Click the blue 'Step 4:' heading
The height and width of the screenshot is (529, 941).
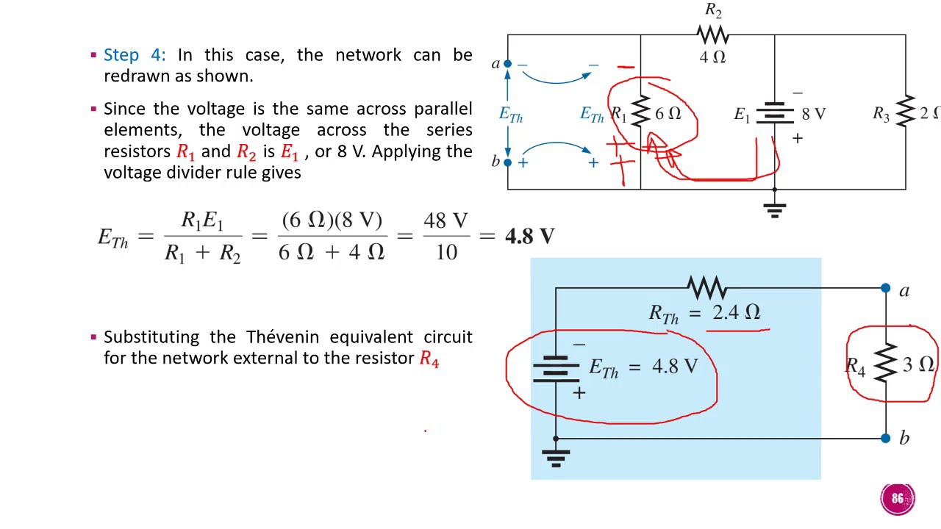coord(135,55)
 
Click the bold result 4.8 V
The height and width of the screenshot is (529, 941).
coord(529,236)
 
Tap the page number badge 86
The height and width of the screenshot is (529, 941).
coord(898,499)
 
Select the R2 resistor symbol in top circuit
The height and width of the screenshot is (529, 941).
coord(712,35)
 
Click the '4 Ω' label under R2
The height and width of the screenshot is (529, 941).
coord(712,57)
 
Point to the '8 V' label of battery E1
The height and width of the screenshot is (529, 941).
coord(813,114)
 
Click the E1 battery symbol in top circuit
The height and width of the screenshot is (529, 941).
coord(774,115)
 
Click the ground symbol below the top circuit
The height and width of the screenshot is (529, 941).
coord(774,209)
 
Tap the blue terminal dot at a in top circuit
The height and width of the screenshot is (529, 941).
coord(507,65)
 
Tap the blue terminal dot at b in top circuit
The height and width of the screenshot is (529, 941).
coord(507,162)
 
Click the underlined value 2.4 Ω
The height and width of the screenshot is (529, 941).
coord(736,312)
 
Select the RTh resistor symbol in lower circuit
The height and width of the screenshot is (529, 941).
coord(706,287)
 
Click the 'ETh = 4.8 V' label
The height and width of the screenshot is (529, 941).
coord(643,367)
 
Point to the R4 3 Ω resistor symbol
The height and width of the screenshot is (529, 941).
coord(886,363)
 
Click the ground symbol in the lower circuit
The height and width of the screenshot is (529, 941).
coord(556,458)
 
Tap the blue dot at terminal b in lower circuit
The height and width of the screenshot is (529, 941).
coord(886,439)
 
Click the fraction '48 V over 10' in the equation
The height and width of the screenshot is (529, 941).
coord(446,236)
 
